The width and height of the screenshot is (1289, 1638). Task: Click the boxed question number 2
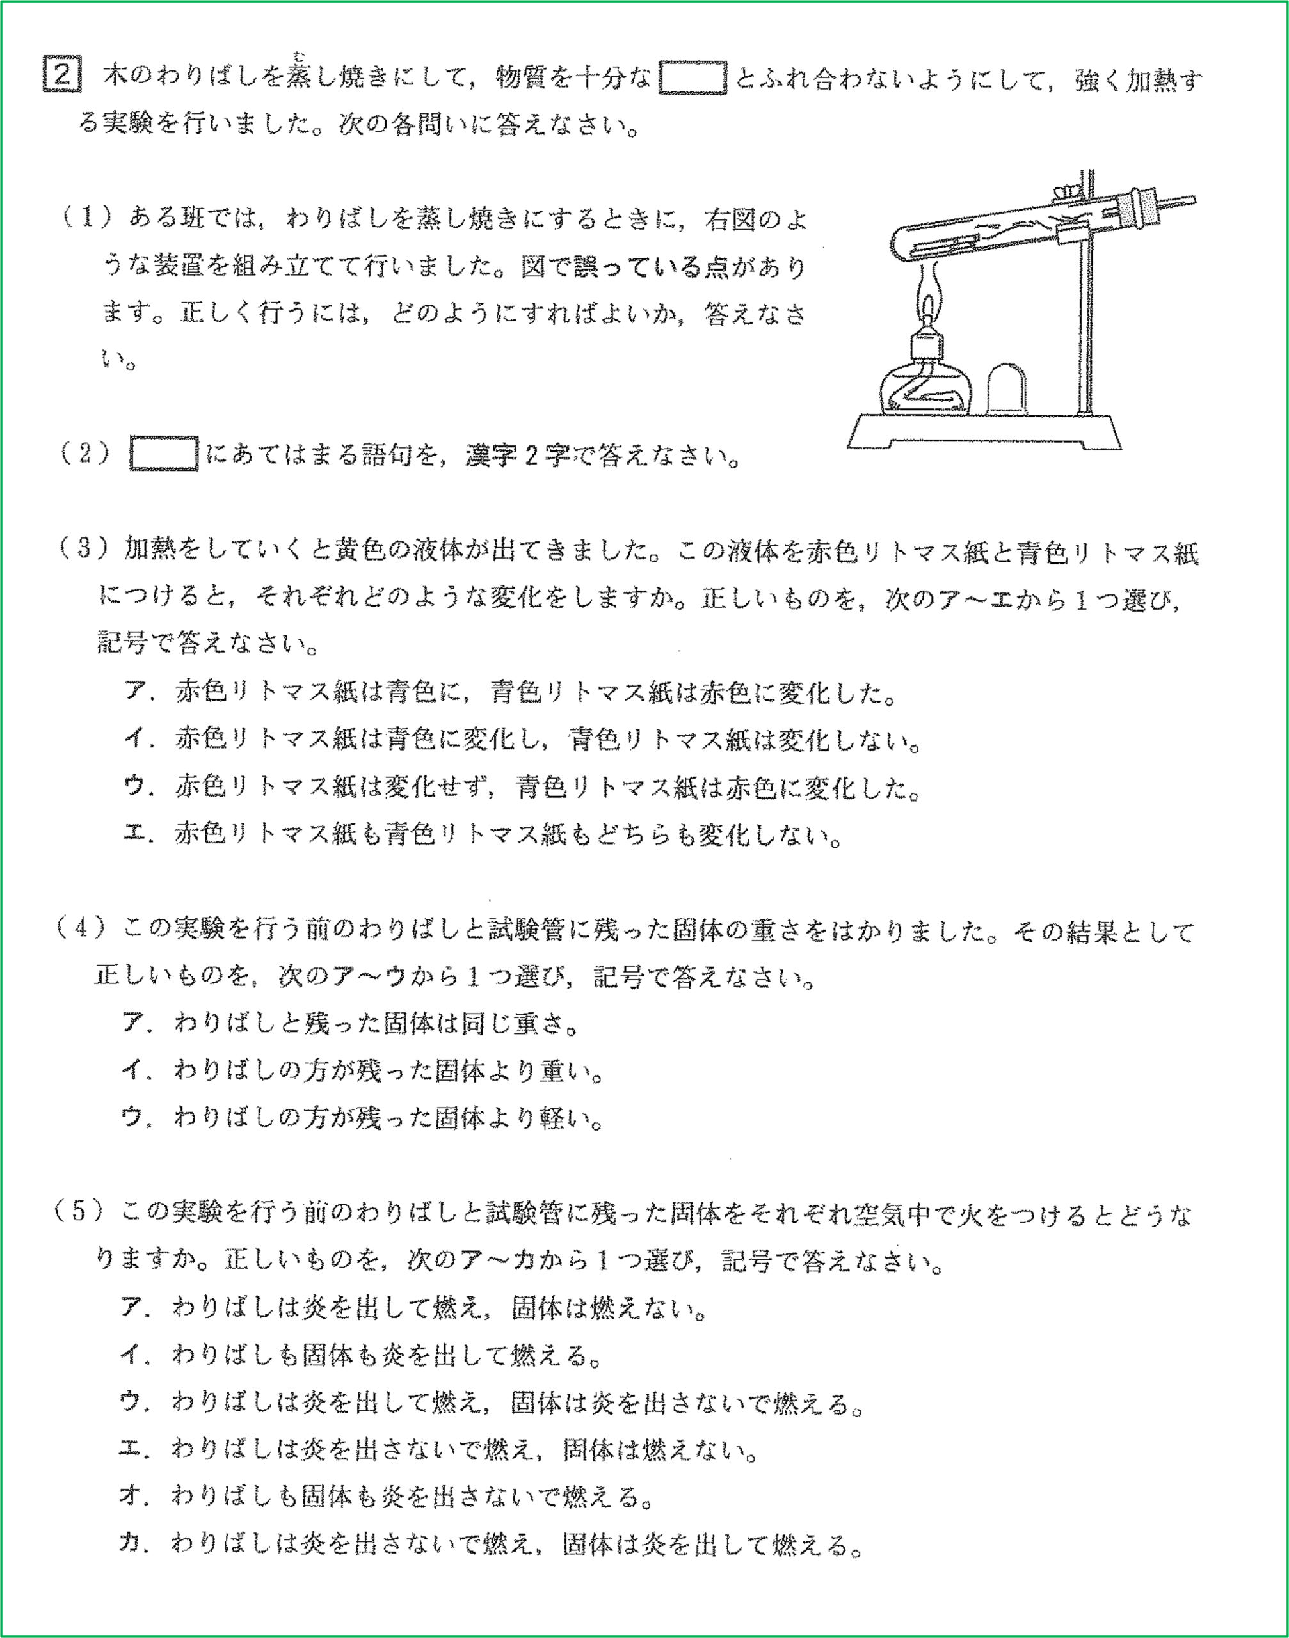[x=62, y=75]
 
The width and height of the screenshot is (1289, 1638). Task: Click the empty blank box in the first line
[x=692, y=77]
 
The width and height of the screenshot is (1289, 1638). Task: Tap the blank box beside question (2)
[x=164, y=454]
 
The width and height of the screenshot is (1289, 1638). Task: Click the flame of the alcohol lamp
[x=927, y=302]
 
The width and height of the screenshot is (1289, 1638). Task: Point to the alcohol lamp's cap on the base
[x=1007, y=388]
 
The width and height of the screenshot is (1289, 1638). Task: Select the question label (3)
[x=84, y=548]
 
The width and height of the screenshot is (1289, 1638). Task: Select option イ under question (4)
[x=132, y=1070]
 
